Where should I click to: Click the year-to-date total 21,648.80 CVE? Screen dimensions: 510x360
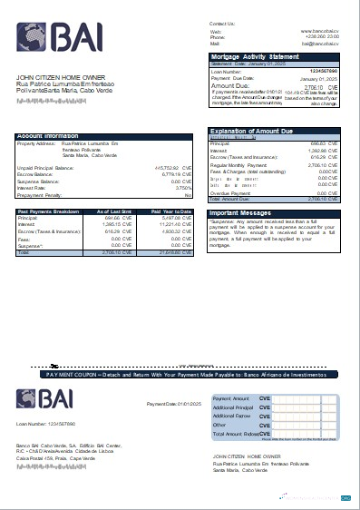170,251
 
